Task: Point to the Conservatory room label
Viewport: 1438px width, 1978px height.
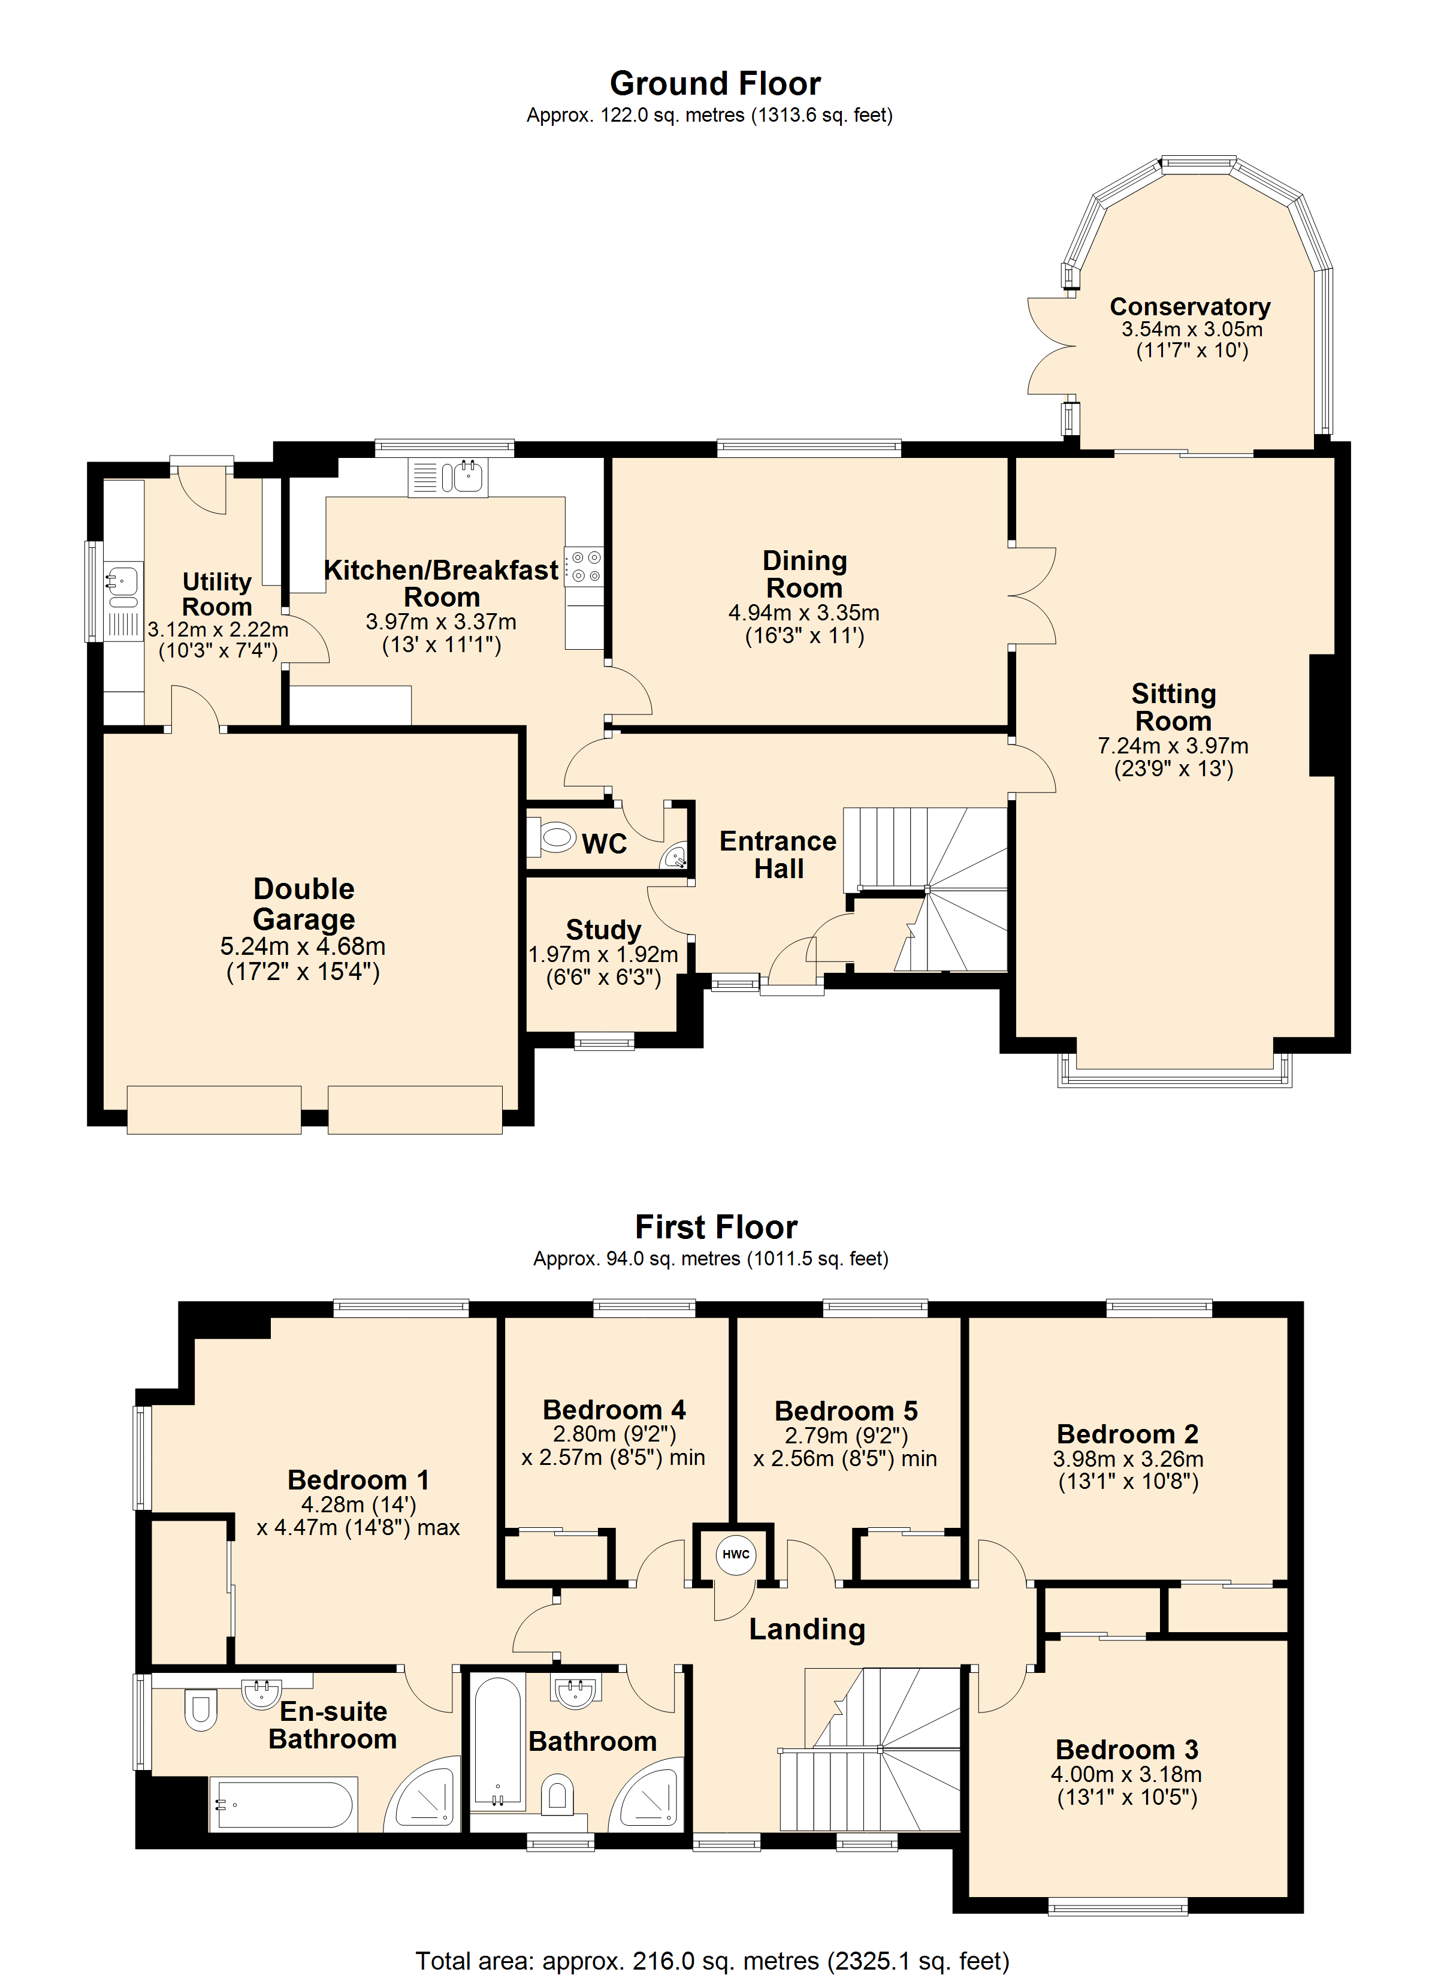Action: pyautogui.click(x=1191, y=307)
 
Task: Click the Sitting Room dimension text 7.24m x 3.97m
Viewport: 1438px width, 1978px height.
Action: pyautogui.click(x=1173, y=746)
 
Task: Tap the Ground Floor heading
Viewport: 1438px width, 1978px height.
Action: pyautogui.click(x=715, y=84)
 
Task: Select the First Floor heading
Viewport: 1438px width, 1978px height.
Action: pyautogui.click(x=716, y=1227)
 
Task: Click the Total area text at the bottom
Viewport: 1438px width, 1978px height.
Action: pyautogui.click(x=712, y=1961)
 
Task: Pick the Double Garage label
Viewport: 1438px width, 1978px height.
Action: pyautogui.click(x=303, y=903)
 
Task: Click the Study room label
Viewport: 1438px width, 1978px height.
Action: pyautogui.click(x=603, y=929)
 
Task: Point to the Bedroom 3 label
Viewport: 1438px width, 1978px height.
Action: pyautogui.click(x=1126, y=1750)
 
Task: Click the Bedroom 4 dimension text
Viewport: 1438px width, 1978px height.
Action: pyautogui.click(x=613, y=1445)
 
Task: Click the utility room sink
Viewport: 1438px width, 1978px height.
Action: pyautogui.click(x=123, y=584)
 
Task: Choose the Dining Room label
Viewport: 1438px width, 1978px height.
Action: pyautogui.click(x=804, y=574)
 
